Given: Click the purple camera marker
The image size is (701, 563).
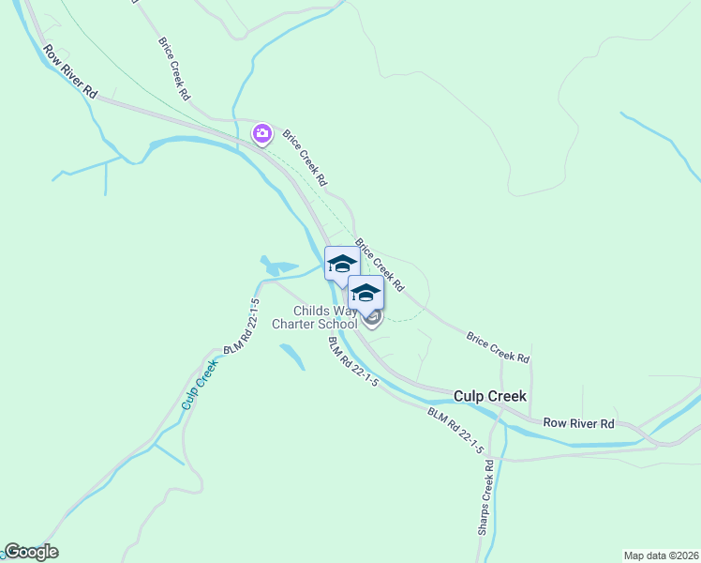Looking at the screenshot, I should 262,134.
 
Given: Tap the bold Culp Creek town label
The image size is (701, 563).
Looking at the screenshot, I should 489,396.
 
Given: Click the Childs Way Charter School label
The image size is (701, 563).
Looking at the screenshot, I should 314,317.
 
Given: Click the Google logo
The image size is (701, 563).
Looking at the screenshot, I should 31,552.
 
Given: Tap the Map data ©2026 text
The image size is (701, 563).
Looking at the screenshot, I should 660,555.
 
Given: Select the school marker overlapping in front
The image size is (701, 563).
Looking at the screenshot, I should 365,292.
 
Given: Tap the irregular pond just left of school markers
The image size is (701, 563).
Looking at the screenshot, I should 278,266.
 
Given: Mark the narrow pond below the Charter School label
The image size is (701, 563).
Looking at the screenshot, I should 291,356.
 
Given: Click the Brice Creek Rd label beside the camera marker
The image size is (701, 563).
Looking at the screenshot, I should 304,156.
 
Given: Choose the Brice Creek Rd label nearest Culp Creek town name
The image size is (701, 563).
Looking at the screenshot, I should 498,346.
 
